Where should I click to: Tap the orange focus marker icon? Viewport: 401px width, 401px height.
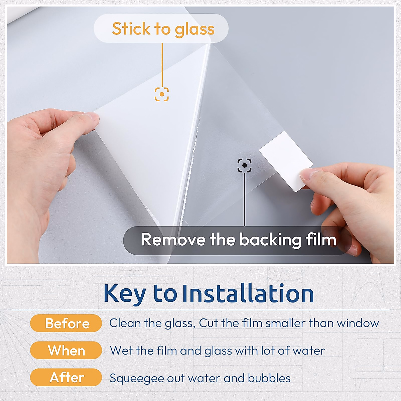click(162, 94)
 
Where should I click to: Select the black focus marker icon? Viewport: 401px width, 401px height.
click(245, 165)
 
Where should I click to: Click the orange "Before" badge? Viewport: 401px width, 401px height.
click(66, 323)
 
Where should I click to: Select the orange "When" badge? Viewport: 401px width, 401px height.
click(66, 351)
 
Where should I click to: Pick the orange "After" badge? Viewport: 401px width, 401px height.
click(66, 378)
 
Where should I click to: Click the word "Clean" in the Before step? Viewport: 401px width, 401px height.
click(125, 323)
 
